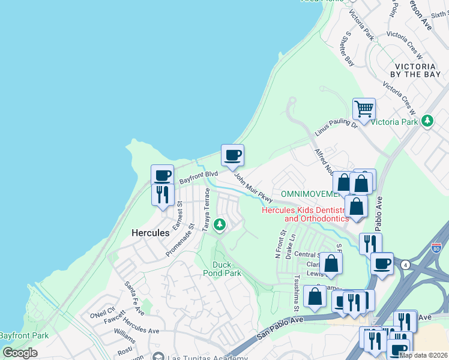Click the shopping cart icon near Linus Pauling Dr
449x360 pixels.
coord(364,110)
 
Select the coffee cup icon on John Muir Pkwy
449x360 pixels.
coord(233,156)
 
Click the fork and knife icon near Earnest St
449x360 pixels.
coord(162,194)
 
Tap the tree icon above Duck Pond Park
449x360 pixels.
coord(220,225)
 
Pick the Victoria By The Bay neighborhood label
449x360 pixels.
coord(418,70)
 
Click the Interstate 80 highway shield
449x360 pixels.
coord(436,248)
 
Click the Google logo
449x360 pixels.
coord(20,352)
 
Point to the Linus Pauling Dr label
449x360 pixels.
coord(337,125)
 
